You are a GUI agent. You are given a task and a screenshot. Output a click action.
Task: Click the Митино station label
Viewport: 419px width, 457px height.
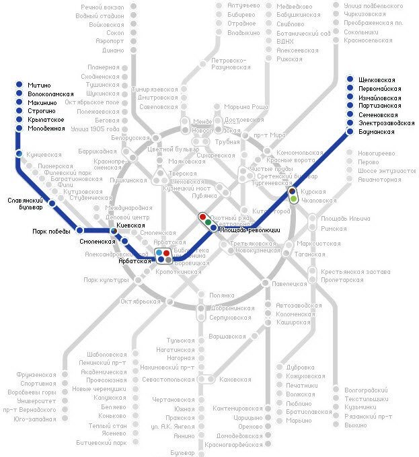(x=40, y=85)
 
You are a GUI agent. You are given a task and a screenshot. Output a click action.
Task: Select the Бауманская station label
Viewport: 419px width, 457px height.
(x=377, y=132)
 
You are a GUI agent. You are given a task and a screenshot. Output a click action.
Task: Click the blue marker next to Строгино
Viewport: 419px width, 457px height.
(x=18, y=111)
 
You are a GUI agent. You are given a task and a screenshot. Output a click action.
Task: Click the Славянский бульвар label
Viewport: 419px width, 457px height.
(x=25, y=204)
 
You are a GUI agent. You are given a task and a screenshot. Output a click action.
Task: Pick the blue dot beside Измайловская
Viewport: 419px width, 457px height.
(x=350, y=98)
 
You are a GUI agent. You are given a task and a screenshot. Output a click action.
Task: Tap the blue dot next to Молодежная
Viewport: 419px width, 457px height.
(x=18, y=129)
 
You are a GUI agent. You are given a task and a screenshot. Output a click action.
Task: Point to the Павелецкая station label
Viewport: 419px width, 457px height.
(x=291, y=283)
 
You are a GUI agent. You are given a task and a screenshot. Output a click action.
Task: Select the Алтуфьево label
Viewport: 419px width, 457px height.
(x=244, y=5)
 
